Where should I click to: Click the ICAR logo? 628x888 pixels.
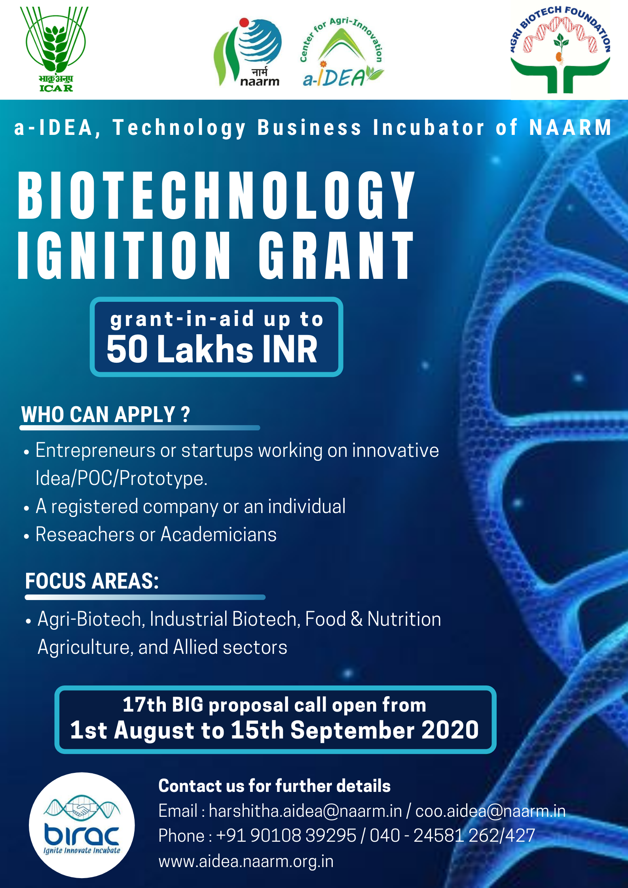point(55,49)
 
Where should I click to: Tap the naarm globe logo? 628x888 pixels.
point(248,52)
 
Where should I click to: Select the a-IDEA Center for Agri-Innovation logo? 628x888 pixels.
point(342,52)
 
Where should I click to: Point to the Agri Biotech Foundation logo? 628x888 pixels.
point(560,49)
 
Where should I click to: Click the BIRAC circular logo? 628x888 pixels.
point(82,825)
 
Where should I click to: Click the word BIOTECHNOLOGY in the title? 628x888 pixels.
point(216,195)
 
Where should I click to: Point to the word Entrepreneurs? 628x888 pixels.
point(95,451)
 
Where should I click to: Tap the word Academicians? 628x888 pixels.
point(218,534)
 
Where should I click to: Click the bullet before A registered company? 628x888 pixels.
point(27,508)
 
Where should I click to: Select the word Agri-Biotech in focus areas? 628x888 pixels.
point(90,619)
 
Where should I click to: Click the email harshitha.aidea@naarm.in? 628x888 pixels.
point(305,811)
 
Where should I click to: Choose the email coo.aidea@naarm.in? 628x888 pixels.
point(490,811)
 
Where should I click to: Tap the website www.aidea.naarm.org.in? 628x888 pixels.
point(246,861)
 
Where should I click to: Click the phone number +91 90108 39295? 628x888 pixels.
point(286,835)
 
